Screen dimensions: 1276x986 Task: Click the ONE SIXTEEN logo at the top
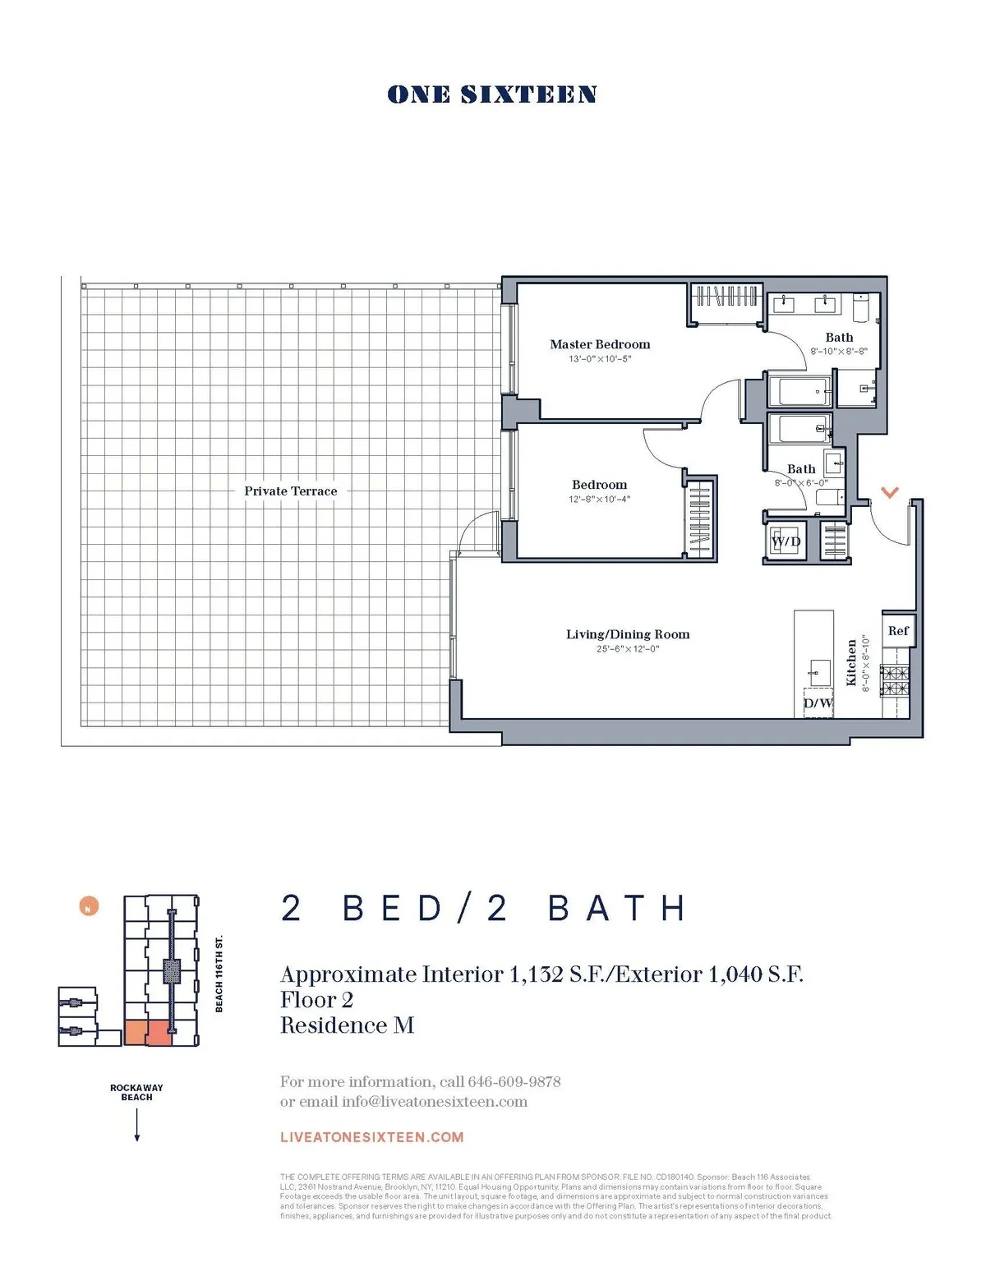[x=491, y=94]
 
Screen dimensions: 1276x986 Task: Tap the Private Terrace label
[x=290, y=491]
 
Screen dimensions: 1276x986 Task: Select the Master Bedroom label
[x=600, y=344]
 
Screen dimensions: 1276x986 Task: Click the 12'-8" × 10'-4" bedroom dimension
[x=599, y=500]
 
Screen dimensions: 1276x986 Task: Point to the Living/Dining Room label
[x=628, y=634]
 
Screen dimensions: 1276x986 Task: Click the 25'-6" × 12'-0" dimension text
[x=628, y=649]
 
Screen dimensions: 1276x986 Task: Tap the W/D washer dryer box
[x=786, y=542]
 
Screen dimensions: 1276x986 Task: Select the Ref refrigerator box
[x=898, y=631]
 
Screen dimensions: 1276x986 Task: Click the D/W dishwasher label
[x=818, y=703]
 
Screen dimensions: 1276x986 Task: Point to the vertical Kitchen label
[x=851, y=662]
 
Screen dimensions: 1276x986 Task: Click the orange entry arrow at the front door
[x=889, y=492]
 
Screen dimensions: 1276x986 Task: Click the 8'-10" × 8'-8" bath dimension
[x=839, y=351]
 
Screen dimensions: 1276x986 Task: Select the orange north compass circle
[x=89, y=907]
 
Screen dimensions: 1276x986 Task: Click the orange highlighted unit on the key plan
[x=148, y=1032]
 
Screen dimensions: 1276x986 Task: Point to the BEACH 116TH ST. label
[x=219, y=974]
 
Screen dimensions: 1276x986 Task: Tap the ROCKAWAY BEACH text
[x=136, y=1092]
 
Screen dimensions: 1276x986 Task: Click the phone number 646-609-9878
[x=514, y=1081]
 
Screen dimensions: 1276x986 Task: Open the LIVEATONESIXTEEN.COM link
[x=371, y=1137]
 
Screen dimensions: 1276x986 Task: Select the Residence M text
[x=347, y=1025]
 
